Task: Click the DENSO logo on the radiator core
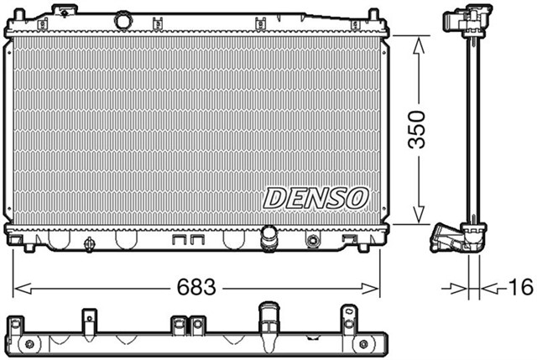[317, 198]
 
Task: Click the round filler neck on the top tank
[124, 18]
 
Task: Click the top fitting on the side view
[471, 18]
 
